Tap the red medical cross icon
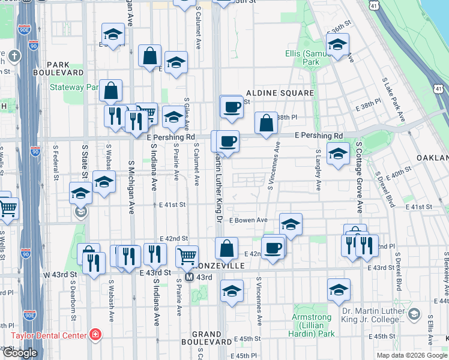(94, 334)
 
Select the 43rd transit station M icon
(188, 277)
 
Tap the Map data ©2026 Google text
(411, 355)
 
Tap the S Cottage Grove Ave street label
(360, 177)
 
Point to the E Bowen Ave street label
(248, 220)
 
